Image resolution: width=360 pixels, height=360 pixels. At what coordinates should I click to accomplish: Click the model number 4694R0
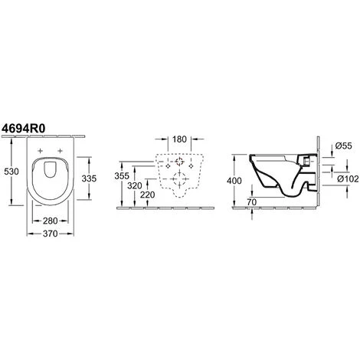pos(24,128)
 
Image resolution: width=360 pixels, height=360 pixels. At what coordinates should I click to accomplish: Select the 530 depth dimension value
pos(11,172)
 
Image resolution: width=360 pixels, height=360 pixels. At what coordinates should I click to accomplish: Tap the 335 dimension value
pos(89,178)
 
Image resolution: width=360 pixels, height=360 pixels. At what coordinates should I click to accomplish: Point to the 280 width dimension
pos(51,221)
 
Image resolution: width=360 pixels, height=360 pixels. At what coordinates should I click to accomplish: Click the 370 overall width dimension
pos(51,234)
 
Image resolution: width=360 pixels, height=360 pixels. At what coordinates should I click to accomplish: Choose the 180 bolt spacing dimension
pos(179,139)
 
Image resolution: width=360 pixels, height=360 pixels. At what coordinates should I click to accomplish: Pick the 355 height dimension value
pos(122,176)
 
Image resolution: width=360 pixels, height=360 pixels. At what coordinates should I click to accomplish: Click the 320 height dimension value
pos(135,185)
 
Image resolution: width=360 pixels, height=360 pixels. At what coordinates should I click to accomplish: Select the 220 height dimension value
pos(148,195)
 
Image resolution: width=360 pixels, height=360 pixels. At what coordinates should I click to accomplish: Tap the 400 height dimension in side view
pos(234,181)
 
